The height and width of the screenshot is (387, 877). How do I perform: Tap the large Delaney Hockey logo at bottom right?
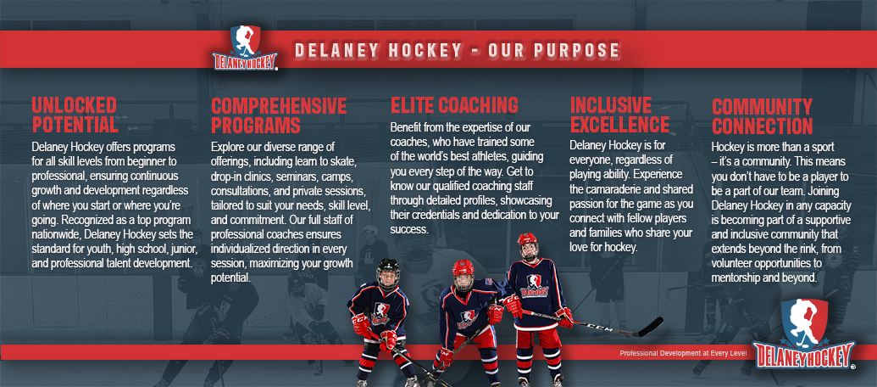(x=804, y=334)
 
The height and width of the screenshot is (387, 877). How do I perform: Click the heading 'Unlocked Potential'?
(x=75, y=115)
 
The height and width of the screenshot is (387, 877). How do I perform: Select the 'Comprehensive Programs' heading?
(x=279, y=115)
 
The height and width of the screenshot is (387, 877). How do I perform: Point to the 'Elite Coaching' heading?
(x=454, y=105)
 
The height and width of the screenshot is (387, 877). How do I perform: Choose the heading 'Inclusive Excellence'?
(x=619, y=115)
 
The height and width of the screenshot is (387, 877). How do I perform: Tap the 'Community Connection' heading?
(x=762, y=116)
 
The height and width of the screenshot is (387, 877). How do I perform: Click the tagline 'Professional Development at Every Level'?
(x=683, y=353)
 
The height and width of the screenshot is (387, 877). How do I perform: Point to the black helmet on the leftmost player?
(x=388, y=271)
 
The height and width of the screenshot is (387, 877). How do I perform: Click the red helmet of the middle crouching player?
(x=463, y=271)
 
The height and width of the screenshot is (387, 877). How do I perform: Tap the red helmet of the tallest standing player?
(x=527, y=243)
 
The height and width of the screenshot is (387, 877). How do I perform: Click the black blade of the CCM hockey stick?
(x=650, y=327)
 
